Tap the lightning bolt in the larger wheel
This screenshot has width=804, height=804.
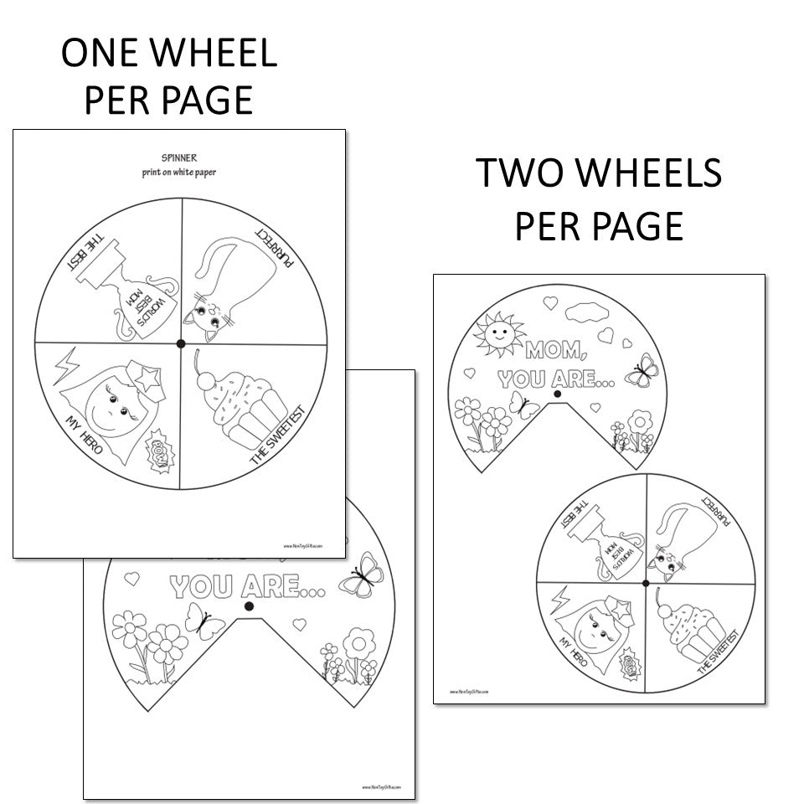tap(65, 365)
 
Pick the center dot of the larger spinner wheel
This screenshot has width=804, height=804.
tap(180, 343)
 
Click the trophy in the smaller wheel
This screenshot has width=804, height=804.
tap(608, 544)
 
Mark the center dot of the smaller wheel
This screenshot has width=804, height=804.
tap(646, 582)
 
